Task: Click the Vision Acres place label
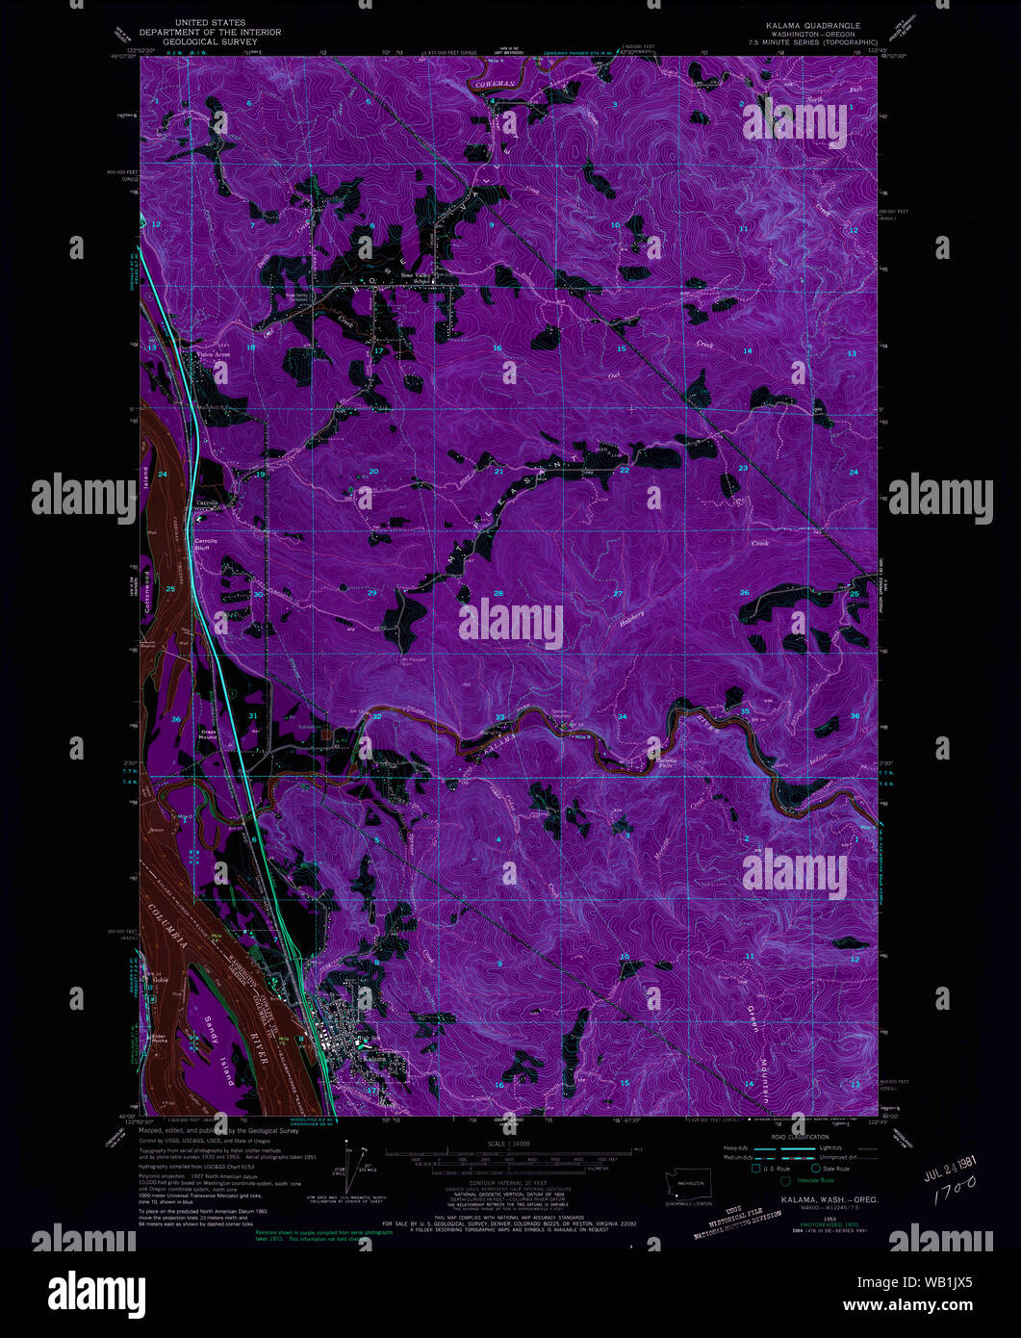pos(213,353)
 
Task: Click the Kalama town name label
pos(373,1060)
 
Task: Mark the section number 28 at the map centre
pos(498,594)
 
